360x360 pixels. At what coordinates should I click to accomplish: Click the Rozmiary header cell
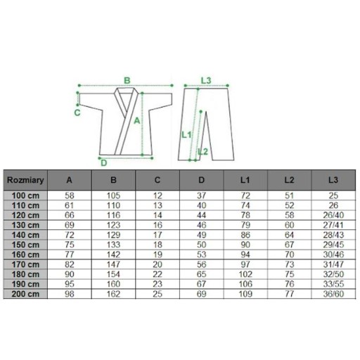click(x=25, y=180)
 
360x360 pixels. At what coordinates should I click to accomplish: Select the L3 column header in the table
click(x=333, y=180)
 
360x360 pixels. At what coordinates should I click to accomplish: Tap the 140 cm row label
click(x=25, y=235)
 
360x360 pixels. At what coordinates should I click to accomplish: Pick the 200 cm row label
click(x=25, y=294)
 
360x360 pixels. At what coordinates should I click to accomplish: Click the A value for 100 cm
click(x=70, y=195)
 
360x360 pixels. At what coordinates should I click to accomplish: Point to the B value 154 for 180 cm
click(x=113, y=274)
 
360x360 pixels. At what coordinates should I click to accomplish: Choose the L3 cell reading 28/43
click(x=333, y=235)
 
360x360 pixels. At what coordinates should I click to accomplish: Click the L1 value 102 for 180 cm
click(x=245, y=274)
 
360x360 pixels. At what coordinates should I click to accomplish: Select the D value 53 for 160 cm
click(x=202, y=255)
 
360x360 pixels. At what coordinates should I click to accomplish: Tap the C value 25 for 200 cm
click(x=157, y=294)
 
